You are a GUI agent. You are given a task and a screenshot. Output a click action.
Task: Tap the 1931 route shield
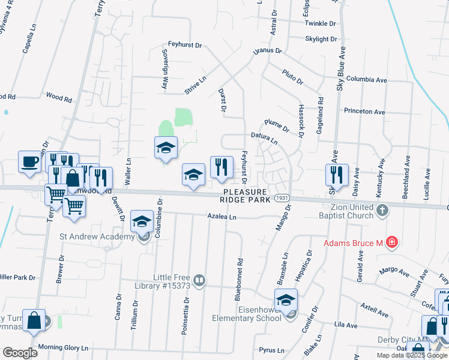pos(282,197)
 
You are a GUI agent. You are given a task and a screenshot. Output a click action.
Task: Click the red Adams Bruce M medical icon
pos(392,242)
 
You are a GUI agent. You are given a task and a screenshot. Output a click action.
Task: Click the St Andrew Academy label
pos(97,236)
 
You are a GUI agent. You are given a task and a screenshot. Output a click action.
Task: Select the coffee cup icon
pos(30,161)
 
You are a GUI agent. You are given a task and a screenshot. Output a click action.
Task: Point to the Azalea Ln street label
pos(221,216)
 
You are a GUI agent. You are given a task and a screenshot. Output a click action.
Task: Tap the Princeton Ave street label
pos(364,112)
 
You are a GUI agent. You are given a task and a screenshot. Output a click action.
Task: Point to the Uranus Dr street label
pos(267,51)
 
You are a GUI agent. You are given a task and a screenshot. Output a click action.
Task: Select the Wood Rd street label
pos(59,96)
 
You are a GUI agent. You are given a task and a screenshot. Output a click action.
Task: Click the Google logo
pos(20,353)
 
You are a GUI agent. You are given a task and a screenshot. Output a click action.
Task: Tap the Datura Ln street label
pos(264,139)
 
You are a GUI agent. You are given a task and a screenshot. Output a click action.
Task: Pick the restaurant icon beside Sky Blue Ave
pos(337,175)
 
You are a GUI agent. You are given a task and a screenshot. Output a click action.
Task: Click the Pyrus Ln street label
pos(272,350)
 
